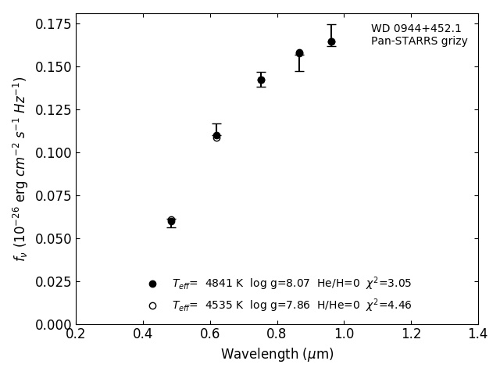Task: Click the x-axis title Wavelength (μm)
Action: [277, 355]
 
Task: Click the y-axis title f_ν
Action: [20, 169]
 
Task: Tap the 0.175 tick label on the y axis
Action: [52, 24]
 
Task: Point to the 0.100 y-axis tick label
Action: [52, 152]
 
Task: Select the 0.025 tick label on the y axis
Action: [52, 281]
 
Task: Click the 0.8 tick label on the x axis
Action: [277, 334]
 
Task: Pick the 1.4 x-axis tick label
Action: [478, 334]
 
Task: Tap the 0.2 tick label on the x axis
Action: [76, 334]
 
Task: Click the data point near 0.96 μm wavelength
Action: [331, 41]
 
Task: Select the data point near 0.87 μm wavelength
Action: [299, 53]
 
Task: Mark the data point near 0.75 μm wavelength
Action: [261, 80]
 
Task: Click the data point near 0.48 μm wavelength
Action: [171, 221]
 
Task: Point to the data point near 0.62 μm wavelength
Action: [216, 135]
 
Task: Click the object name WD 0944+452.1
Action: [416, 29]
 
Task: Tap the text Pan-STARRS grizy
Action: [419, 41]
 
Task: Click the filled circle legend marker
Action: [152, 284]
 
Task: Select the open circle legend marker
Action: [152, 305]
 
